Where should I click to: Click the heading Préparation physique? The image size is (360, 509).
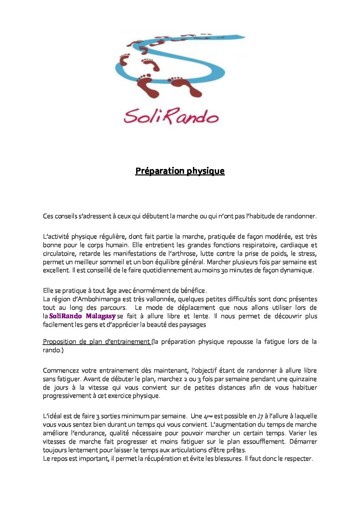(180, 171)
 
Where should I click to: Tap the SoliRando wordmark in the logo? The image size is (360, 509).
(171, 116)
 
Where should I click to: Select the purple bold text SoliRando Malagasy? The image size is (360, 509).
(82, 316)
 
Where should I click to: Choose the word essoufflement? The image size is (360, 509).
(263, 442)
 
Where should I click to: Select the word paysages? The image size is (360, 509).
(192, 325)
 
